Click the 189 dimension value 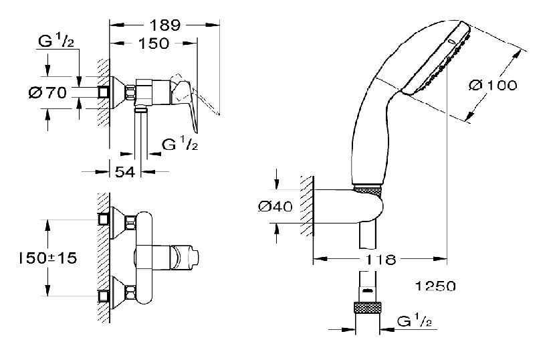(x=164, y=25)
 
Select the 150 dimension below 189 (x=154, y=43)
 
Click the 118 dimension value (x=380, y=258)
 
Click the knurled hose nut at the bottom (x=367, y=310)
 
